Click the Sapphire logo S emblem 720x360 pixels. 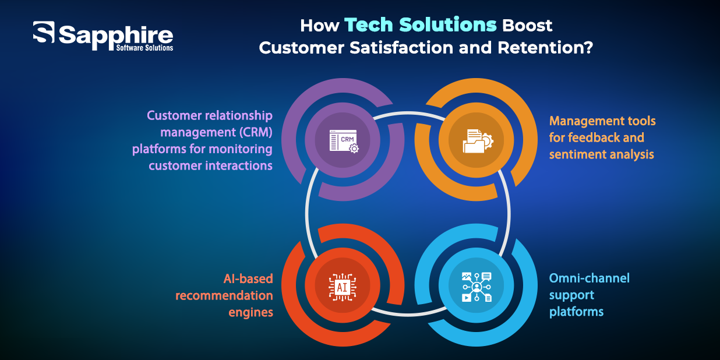pyautogui.click(x=44, y=33)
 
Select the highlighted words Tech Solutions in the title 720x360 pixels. pyautogui.click(x=420, y=26)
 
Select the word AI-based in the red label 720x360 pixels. pyautogui.click(x=248, y=278)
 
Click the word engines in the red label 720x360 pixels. pyautogui.click(x=250, y=312)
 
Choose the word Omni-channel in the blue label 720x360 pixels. pyautogui.click(x=589, y=278)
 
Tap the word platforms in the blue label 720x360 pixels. pyautogui.click(x=576, y=311)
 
